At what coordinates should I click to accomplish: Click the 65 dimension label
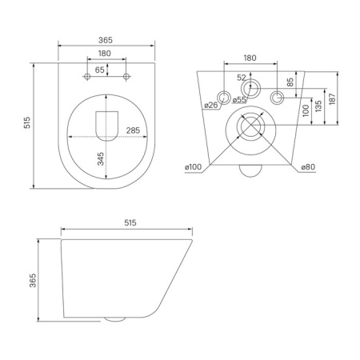click(99, 70)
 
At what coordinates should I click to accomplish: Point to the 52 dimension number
click(241, 78)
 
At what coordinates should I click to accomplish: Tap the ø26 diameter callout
click(212, 104)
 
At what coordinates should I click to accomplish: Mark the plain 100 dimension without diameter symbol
click(306, 110)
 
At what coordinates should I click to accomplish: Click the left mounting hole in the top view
click(86, 77)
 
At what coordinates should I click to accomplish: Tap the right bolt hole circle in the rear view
click(278, 98)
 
